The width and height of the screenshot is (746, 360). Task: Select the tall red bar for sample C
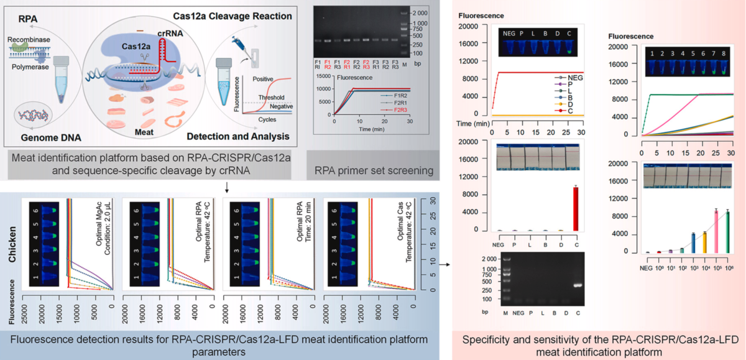coord(576,208)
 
